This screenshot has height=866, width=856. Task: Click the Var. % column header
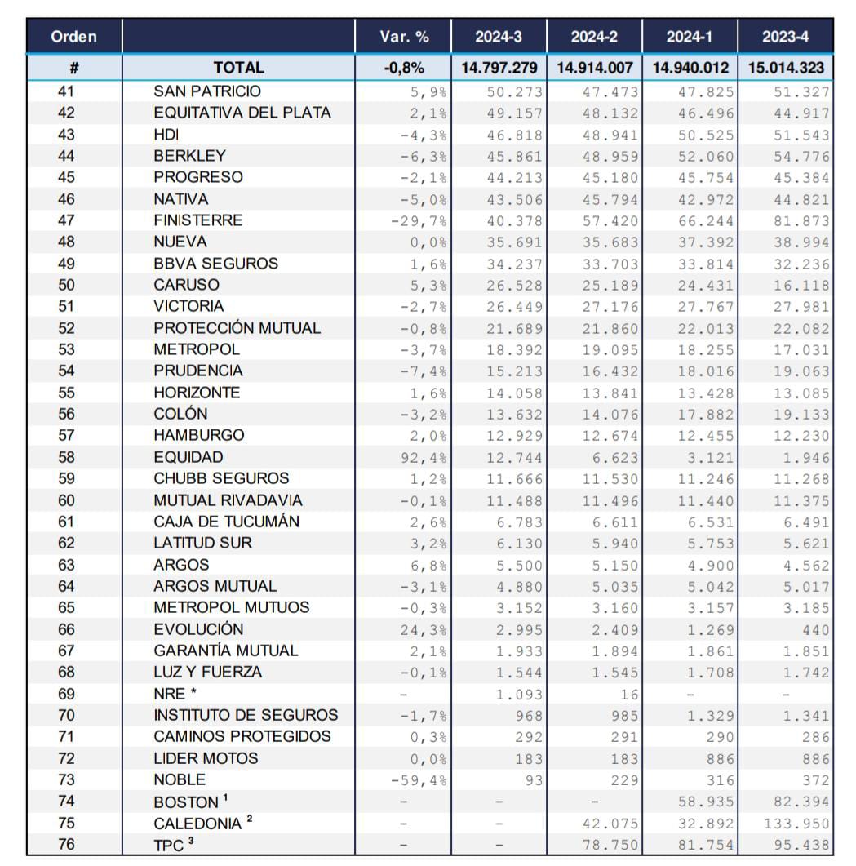click(x=403, y=37)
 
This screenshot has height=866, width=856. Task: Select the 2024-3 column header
click(x=499, y=37)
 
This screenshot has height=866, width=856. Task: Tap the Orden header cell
click(x=73, y=37)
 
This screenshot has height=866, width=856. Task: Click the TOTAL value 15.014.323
click(x=785, y=68)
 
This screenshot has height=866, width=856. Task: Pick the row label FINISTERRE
click(x=197, y=220)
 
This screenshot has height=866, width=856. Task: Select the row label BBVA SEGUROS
click(x=215, y=264)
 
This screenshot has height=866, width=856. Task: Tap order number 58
click(x=67, y=457)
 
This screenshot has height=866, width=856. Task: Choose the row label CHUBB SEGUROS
click(x=220, y=478)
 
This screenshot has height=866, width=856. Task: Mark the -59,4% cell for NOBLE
click(x=419, y=780)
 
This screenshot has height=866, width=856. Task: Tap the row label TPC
click(x=170, y=846)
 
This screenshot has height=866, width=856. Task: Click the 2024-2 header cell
click(x=594, y=37)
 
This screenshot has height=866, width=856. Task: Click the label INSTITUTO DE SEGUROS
click(x=246, y=716)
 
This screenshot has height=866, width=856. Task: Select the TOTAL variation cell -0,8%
click(x=404, y=68)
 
